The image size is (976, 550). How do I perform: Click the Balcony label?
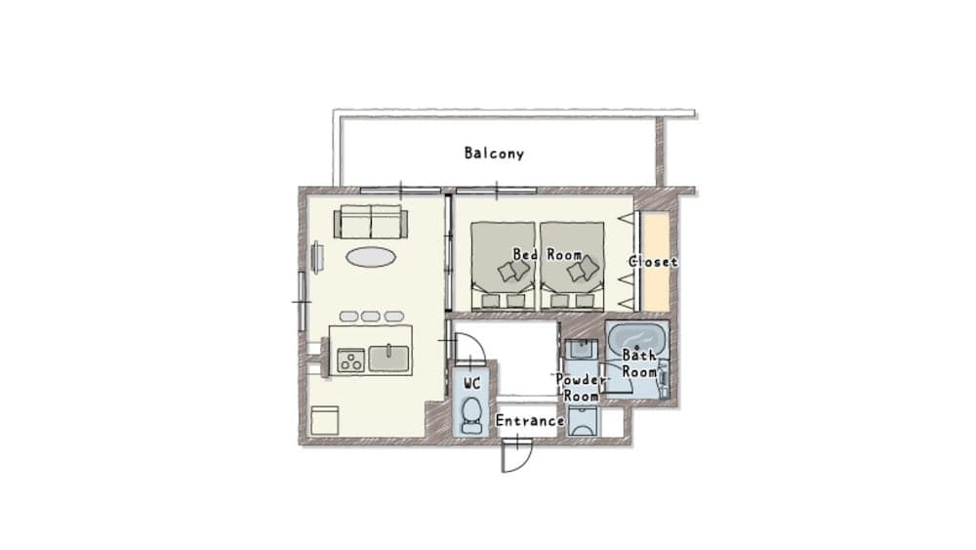[x=494, y=153]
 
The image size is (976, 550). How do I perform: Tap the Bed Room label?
[x=548, y=254]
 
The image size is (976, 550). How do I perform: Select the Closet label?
[x=653, y=262]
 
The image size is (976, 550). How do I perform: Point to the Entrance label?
[x=530, y=421]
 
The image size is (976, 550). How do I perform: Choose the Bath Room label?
[x=639, y=363]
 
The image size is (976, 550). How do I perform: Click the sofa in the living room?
[x=370, y=223]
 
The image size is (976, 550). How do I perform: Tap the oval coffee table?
[x=371, y=257]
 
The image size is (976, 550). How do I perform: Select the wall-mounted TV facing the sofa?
[x=316, y=257]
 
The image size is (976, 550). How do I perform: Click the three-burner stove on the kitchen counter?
[x=350, y=360]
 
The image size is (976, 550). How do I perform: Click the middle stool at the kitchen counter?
[x=371, y=317]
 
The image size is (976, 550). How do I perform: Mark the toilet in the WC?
[x=470, y=414]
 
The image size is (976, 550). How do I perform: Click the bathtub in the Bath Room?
[x=637, y=341]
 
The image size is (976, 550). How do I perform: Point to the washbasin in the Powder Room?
[x=584, y=351]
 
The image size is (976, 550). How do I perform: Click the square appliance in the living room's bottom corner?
[x=324, y=421]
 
